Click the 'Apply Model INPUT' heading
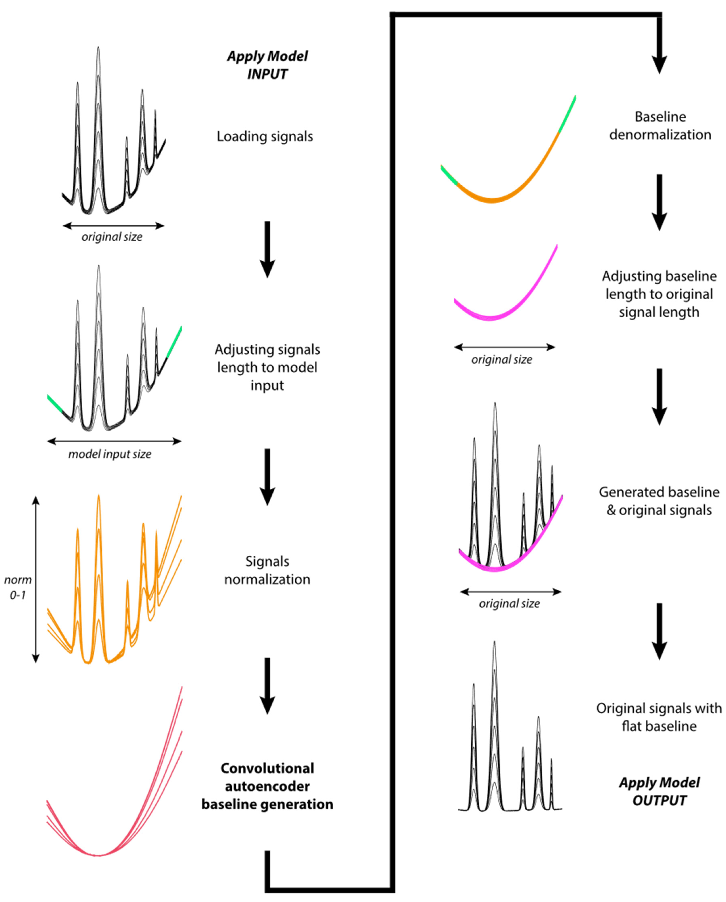[x=267, y=65]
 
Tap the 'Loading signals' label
[x=265, y=137]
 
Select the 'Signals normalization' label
[x=267, y=570]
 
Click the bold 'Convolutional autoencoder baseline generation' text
[x=267, y=786]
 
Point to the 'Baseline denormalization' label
[x=660, y=126]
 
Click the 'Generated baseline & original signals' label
[x=659, y=501]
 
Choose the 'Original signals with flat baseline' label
[x=659, y=717]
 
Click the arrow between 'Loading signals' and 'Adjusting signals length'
[x=267, y=249]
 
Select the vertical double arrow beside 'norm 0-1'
[x=36, y=580]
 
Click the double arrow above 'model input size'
[x=114, y=441]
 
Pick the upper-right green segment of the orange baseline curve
[x=567, y=114]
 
